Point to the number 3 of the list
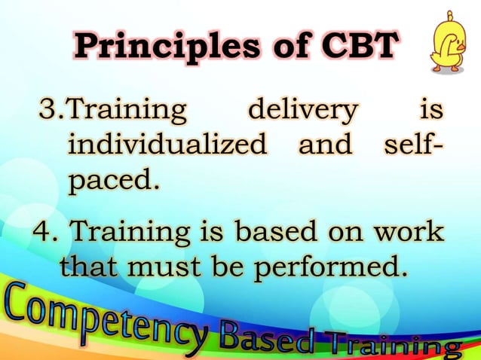[x=47, y=111]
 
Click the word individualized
[x=167, y=144]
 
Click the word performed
[x=335, y=267]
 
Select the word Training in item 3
[x=126, y=111]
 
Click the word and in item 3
[x=325, y=144]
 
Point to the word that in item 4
[x=93, y=266]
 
